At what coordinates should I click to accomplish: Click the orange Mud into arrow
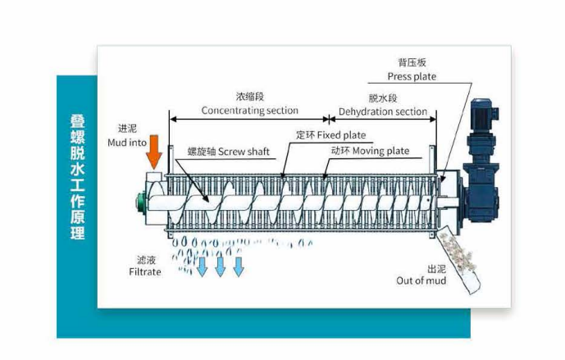(154, 154)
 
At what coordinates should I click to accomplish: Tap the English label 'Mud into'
(127, 142)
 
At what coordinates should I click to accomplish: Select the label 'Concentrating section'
(249, 111)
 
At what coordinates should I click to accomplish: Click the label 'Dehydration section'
(383, 112)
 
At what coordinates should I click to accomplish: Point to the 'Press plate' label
(412, 77)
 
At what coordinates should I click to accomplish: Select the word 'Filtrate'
(144, 271)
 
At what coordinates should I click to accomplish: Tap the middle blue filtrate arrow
(220, 267)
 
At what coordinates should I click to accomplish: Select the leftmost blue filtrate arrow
(202, 267)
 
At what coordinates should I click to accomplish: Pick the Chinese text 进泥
(127, 129)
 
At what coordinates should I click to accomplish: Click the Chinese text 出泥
(436, 268)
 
